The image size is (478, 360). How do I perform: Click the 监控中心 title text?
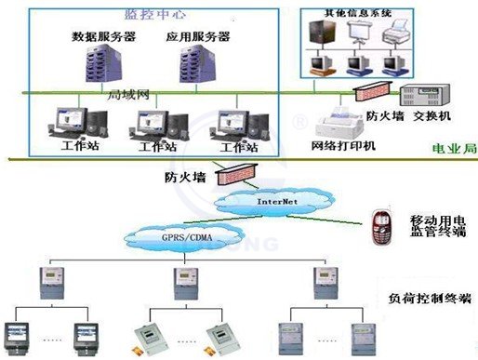click(x=153, y=16)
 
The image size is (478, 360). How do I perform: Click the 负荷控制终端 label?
click(x=419, y=300)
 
